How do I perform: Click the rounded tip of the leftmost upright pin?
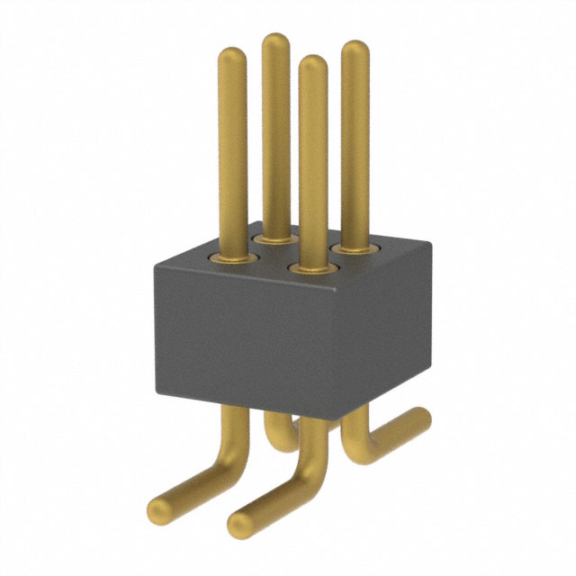pos(232,56)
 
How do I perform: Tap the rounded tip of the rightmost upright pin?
pos(355,49)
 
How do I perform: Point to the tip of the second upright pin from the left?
pos(275,41)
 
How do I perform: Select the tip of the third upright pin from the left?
pos(312,65)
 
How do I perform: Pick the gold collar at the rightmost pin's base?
pos(355,244)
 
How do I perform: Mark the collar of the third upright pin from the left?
pos(311,267)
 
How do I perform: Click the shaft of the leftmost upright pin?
pos(232,153)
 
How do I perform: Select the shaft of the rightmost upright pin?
pos(355,144)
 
